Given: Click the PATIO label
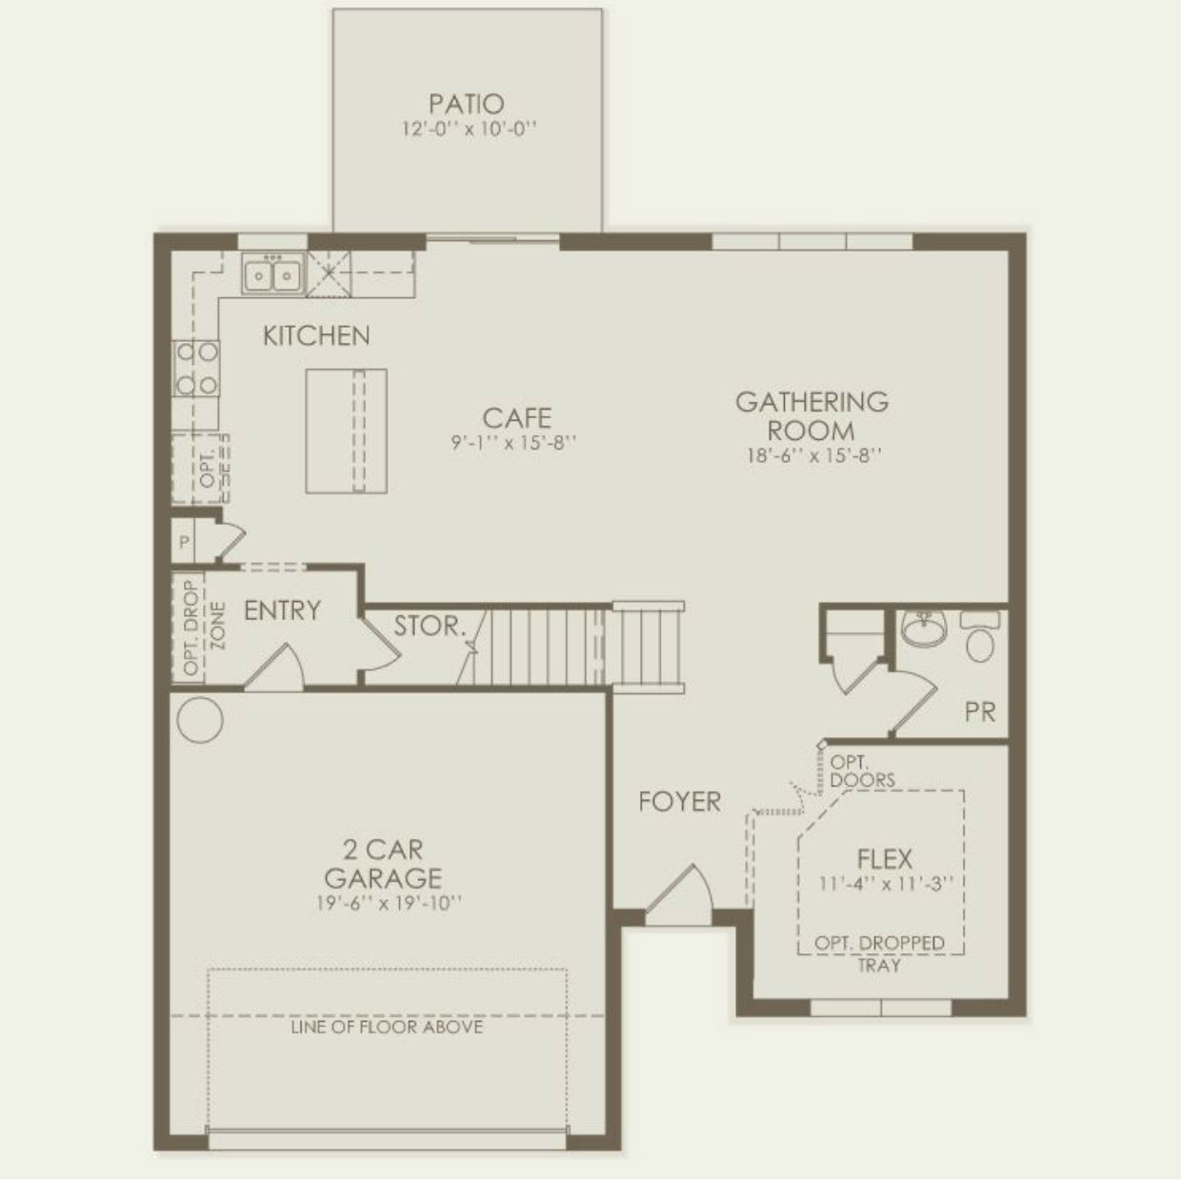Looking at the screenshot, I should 466,103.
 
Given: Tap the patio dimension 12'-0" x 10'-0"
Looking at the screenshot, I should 469,129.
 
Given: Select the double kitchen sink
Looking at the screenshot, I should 272,275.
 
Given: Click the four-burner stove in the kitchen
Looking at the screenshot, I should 196,369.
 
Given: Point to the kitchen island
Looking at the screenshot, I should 346,430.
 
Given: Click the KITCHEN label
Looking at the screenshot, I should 316,335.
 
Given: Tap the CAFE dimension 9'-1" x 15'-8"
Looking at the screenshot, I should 514,442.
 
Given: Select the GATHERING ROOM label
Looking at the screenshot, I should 811,415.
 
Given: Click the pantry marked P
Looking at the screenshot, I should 184,542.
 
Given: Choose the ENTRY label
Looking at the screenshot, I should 282,611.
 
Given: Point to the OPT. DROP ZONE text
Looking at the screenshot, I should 204,628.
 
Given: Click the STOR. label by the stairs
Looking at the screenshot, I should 430,626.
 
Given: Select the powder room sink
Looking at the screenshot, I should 922,629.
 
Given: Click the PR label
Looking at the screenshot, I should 979,711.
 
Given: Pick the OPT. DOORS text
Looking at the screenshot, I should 861,771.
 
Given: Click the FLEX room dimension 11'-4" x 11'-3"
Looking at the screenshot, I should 885,883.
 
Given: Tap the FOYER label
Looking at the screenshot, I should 679,802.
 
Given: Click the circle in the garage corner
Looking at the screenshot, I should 200,720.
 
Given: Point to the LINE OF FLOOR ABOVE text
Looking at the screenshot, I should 387,1027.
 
